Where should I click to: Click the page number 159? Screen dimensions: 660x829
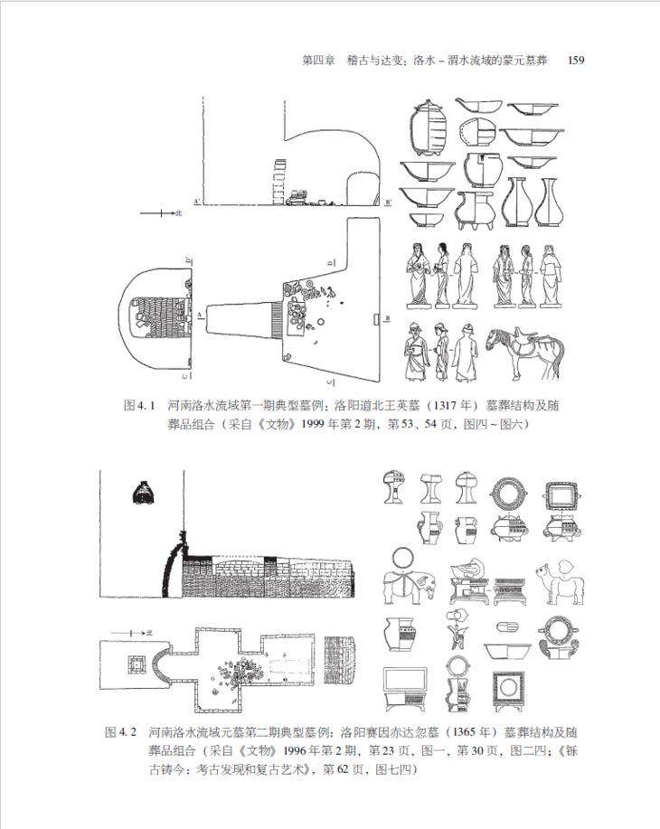(x=576, y=61)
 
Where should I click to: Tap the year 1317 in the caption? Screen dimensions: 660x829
(x=446, y=406)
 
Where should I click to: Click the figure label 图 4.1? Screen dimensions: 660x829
(x=139, y=406)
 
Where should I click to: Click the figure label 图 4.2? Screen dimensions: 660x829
(x=121, y=732)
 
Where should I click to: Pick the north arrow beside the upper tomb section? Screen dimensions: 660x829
(x=160, y=213)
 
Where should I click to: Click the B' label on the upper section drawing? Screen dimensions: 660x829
(x=389, y=202)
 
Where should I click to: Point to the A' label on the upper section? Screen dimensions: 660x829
(x=197, y=202)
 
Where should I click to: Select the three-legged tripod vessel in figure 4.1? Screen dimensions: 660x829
(x=475, y=211)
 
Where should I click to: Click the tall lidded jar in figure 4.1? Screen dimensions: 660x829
(x=429, y=127)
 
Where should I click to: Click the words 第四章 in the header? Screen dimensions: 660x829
(x=318, y=61)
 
